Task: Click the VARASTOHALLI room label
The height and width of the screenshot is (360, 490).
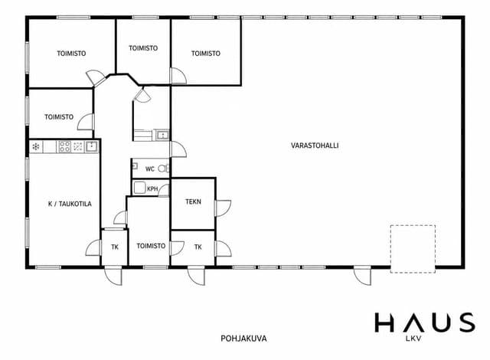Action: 315,146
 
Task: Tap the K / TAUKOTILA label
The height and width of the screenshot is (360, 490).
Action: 70,204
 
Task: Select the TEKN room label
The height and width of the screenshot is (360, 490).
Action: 193,202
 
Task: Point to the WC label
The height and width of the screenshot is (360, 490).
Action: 150,169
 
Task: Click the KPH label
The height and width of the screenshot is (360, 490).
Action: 152,189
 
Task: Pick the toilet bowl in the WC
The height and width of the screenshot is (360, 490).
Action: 163,169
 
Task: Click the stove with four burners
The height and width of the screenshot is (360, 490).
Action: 64,146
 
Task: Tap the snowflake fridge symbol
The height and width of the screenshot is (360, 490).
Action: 36,146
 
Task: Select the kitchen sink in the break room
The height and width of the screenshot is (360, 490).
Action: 92,146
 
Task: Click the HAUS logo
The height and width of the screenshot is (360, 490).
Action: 426,322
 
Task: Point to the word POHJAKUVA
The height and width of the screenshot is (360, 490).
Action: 243,339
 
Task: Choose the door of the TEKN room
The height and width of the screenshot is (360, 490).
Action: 223,208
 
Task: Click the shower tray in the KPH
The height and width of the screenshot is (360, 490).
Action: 139,188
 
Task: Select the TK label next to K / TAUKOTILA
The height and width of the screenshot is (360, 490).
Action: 115,247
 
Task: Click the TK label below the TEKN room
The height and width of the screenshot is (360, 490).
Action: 198,247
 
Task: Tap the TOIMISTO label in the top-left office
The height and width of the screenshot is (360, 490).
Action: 71,54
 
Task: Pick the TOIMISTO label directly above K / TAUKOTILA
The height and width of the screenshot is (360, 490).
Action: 59,117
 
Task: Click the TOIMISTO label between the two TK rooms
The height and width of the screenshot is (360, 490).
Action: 151,246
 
